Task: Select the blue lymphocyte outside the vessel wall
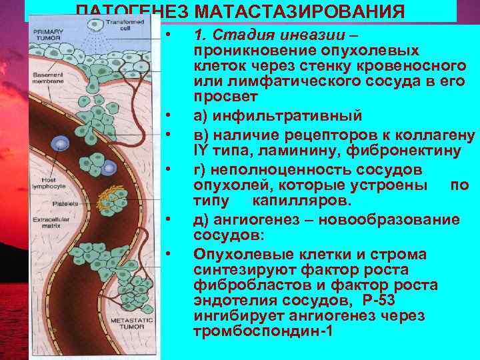(x=61, y=143)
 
